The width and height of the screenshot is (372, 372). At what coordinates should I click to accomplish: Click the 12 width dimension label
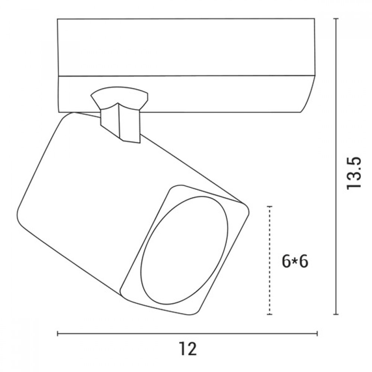(188, 349)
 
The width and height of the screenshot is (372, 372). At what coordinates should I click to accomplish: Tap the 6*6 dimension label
(295, 262)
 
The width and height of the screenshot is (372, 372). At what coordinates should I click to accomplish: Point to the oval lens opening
(185, 250)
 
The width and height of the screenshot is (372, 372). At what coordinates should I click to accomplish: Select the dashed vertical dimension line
(269, 260)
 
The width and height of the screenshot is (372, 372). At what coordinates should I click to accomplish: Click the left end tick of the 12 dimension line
(58, 334)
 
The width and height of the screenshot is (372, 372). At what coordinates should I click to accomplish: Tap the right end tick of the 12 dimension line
(317, 334)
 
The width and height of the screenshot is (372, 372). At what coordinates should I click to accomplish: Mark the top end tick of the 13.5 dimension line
(336, 19)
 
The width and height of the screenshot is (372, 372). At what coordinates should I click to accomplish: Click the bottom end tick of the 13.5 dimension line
(336, 314)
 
